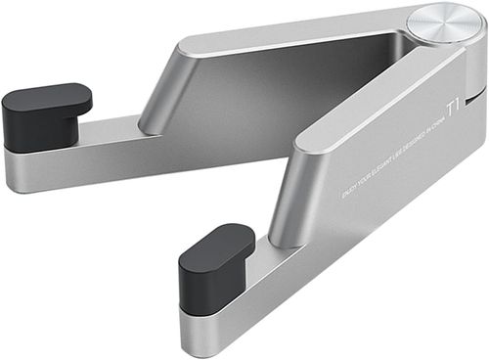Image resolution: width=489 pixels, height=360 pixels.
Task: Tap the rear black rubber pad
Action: click(x=45, y=115)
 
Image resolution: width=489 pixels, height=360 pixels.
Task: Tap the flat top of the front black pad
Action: click(x=217, y=243)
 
